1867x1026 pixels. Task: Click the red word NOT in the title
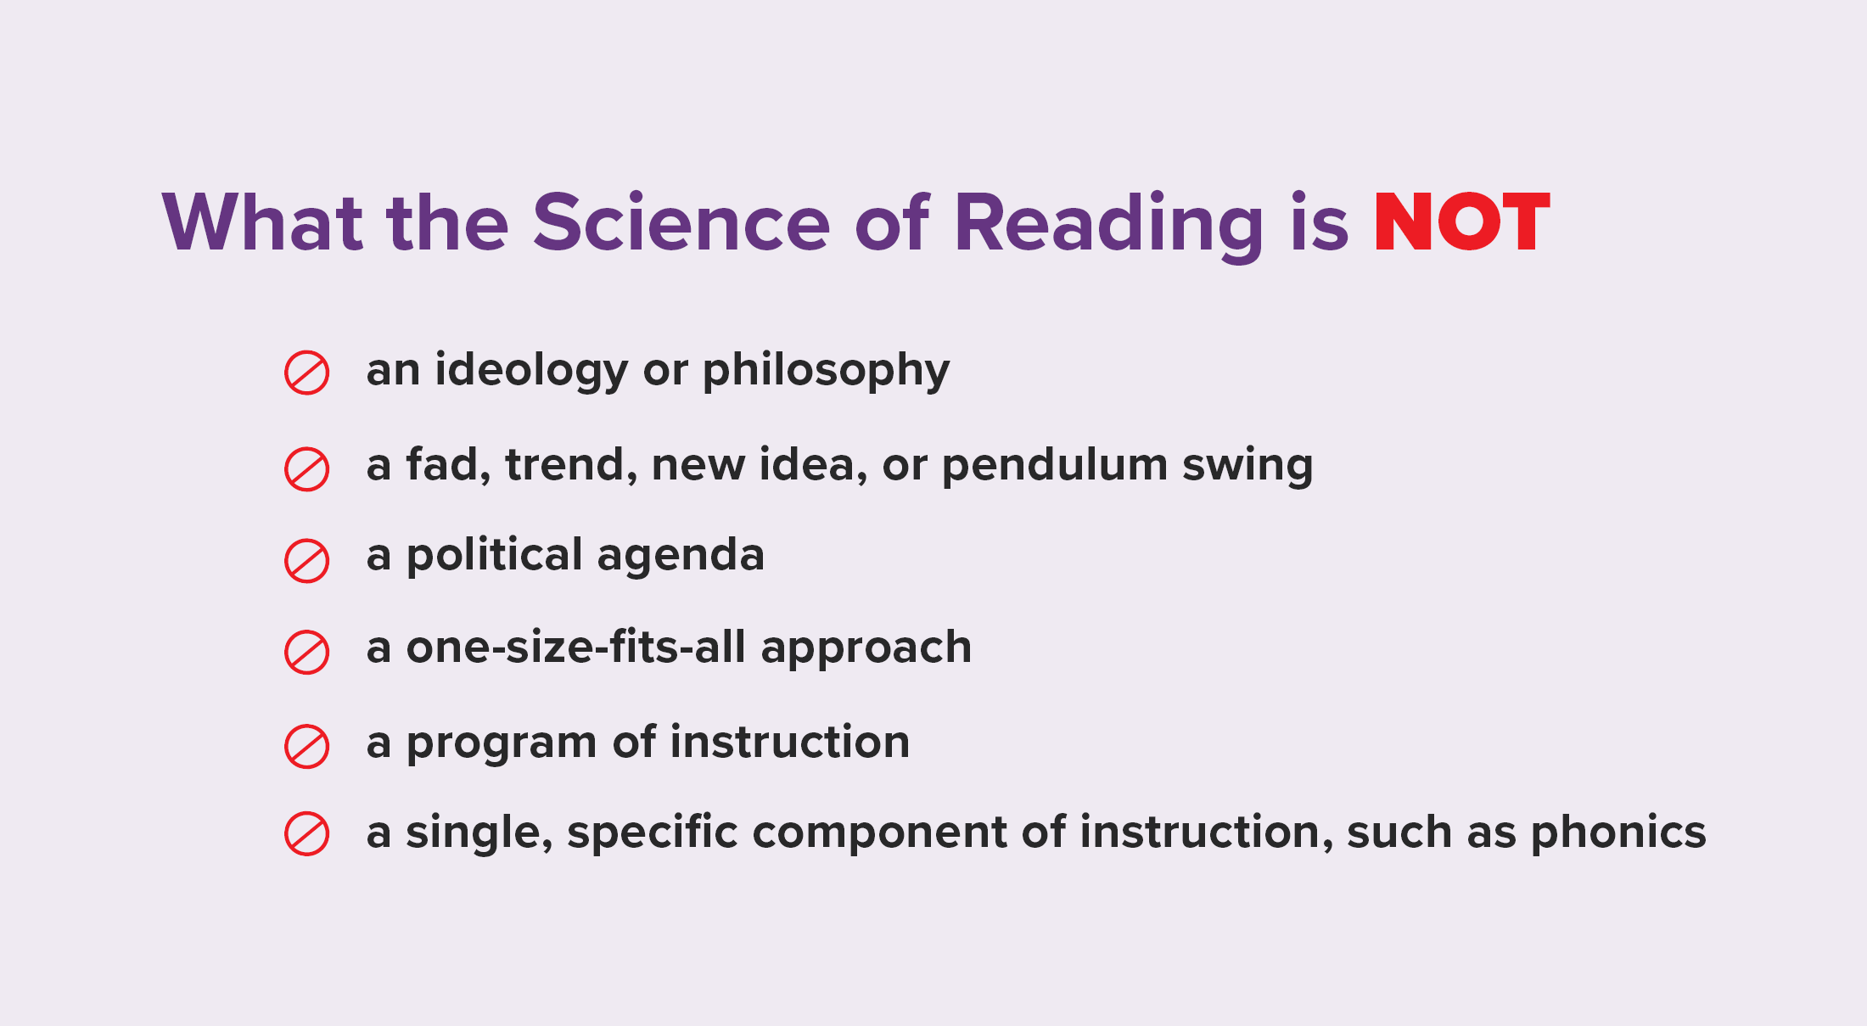1462,222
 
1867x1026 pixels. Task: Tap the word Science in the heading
681,222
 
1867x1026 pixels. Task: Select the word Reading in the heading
1109,224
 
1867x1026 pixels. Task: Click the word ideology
531,371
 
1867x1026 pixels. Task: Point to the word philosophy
826,371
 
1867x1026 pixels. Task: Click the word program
502,744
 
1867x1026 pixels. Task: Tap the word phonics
1618,833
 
